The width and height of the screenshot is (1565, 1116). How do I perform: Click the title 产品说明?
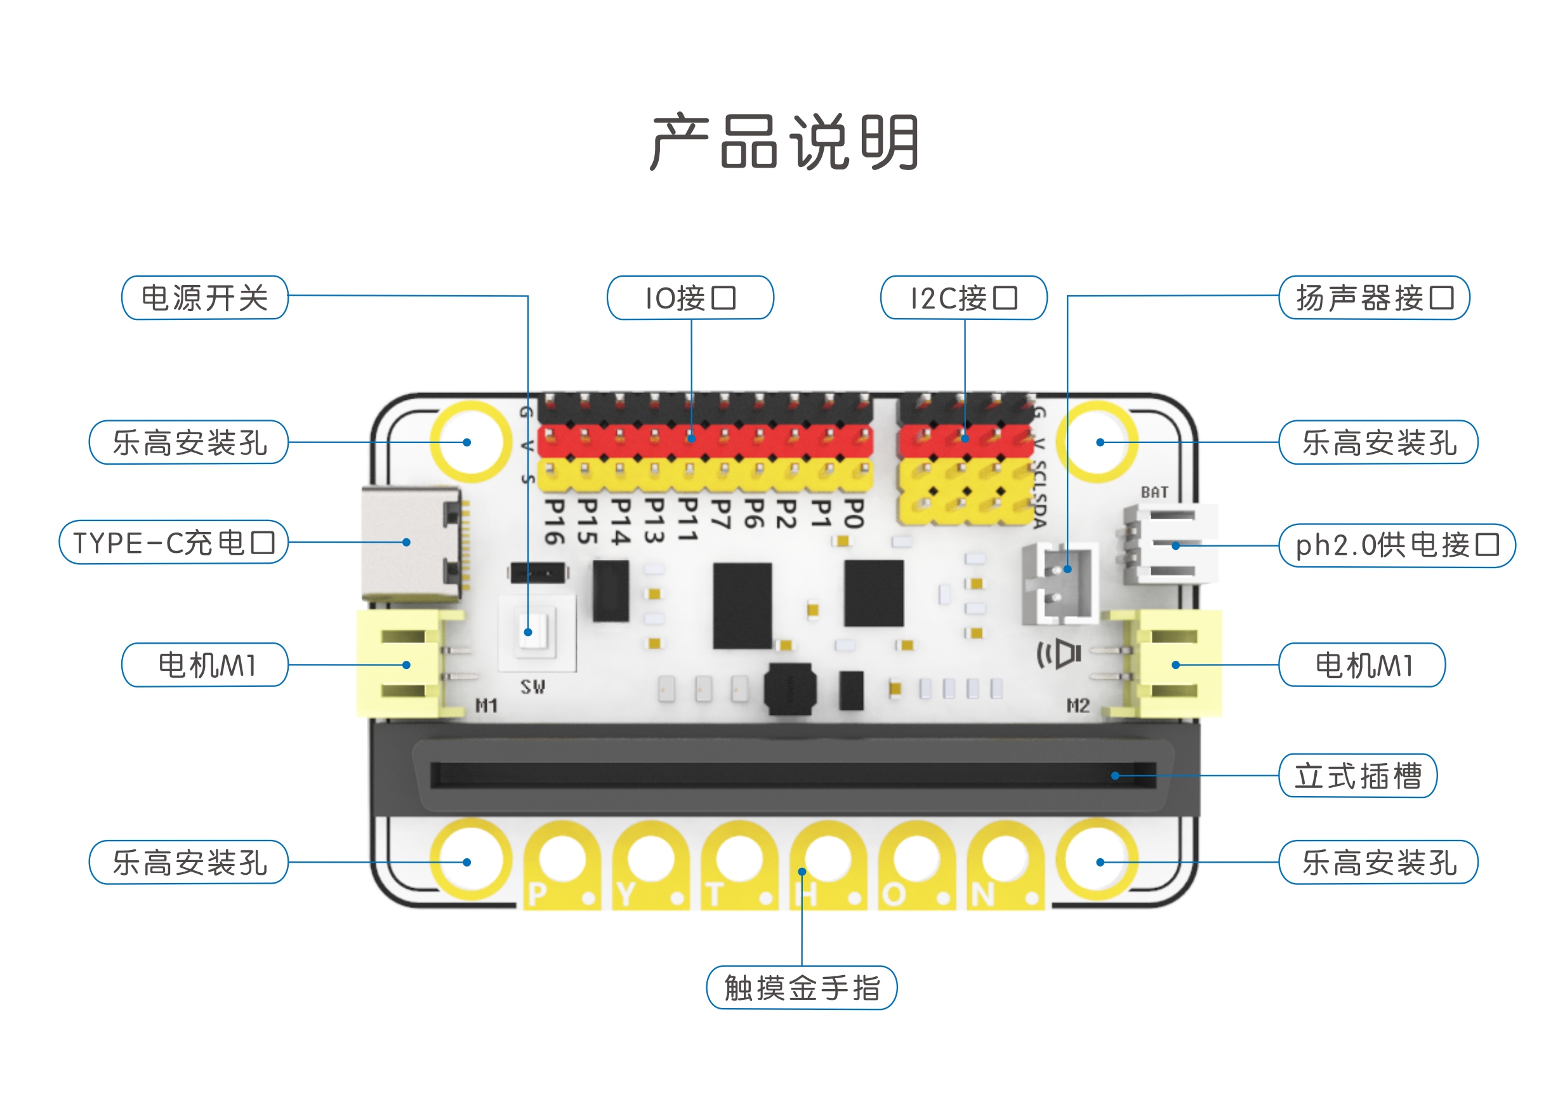click(x=783, y=142)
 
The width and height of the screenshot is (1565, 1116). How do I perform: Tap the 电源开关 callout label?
click(x=204, y=298)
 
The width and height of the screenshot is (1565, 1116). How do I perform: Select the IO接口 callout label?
click(x=690, y=298)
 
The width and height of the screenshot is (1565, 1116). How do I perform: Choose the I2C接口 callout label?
click(x=963, y=298)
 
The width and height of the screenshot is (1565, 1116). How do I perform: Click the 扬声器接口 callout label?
click(x=1374, y=298)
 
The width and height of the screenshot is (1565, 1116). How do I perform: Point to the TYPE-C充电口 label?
click(x=173, y=542)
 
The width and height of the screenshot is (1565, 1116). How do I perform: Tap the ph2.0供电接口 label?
click(x=1397, y=545)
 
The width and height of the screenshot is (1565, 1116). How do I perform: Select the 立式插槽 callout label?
click(x=1357, y=775)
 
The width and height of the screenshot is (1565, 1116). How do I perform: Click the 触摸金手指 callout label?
click(x=801, y=988)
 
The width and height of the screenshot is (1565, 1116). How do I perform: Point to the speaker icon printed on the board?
click(x=1059, y=653)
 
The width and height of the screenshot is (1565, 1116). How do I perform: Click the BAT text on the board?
click(x=1154, y=492)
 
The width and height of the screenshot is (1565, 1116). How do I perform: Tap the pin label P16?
click(x=554, y=522)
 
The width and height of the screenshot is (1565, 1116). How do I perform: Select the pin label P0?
click(x=852, y=514)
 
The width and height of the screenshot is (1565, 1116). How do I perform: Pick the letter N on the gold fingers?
click(x=982, y=894)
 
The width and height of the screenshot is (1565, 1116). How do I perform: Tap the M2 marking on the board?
click(x=1077, y=705)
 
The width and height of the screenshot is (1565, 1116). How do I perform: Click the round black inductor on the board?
click(x=790, y=689)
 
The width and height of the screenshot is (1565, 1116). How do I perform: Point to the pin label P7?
click(x=719, y=514)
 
